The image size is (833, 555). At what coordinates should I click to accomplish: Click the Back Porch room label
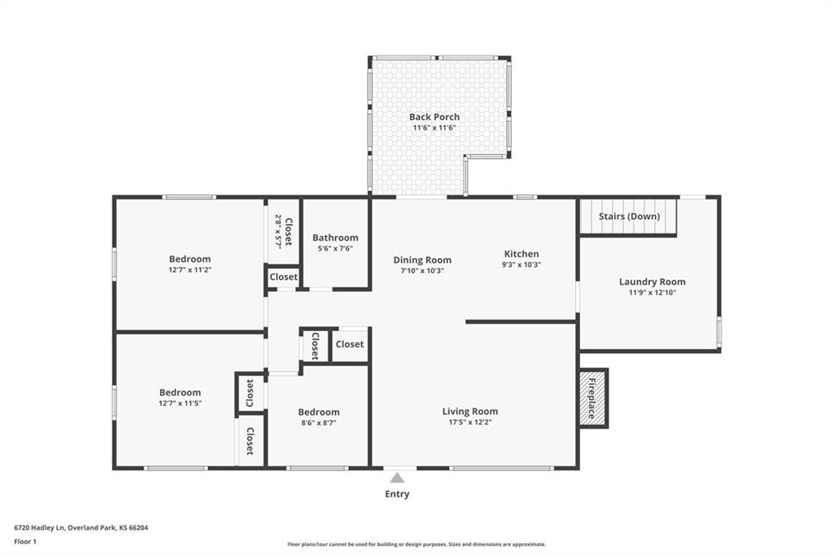(434, 117)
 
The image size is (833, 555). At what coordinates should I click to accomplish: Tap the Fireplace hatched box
(592, 399)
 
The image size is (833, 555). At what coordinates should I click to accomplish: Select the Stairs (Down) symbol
(628, 216)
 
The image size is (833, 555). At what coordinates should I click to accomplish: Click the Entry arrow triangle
(397, 478)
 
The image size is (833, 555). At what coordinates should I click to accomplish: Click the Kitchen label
(521, 254)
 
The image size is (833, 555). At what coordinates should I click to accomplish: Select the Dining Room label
(422, 260)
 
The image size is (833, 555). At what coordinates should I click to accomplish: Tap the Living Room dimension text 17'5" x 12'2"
(469, 422)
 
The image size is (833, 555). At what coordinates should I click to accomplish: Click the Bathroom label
(335, 238)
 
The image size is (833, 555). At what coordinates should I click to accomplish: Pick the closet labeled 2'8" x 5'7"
(283, 231)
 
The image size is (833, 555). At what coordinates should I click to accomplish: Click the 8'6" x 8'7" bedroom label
(318, 413)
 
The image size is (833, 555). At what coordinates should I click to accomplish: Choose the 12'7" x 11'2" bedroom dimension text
(190, 269)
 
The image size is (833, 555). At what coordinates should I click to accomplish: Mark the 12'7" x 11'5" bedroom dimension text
(180, 403)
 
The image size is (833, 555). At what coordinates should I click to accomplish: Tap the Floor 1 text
(25, 541)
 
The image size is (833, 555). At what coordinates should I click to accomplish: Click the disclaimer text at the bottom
(416, 544)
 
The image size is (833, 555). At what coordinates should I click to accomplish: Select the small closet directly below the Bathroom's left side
(284, 277)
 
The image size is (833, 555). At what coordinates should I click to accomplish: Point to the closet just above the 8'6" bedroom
(350, 344)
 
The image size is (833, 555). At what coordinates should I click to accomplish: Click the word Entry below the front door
(397, 494)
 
